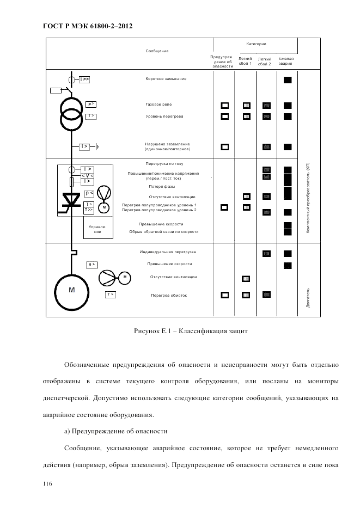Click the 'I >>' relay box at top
[84, 79]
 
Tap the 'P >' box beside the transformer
[90, 103]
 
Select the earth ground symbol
[97, 146]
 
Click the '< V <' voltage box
[87, 175]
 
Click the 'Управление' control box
[97, 229]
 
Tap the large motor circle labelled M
[71, 290]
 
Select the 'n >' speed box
[92, 265]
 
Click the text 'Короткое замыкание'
[166, 79]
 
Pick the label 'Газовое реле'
[160, 104]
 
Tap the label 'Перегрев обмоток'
[168, 295]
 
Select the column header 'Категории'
[255, 42]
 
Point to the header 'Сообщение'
[157, 51]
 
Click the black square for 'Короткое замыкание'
[288, 80]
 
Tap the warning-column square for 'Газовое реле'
[224, 105]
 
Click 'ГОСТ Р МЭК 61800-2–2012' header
[88, 26]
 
